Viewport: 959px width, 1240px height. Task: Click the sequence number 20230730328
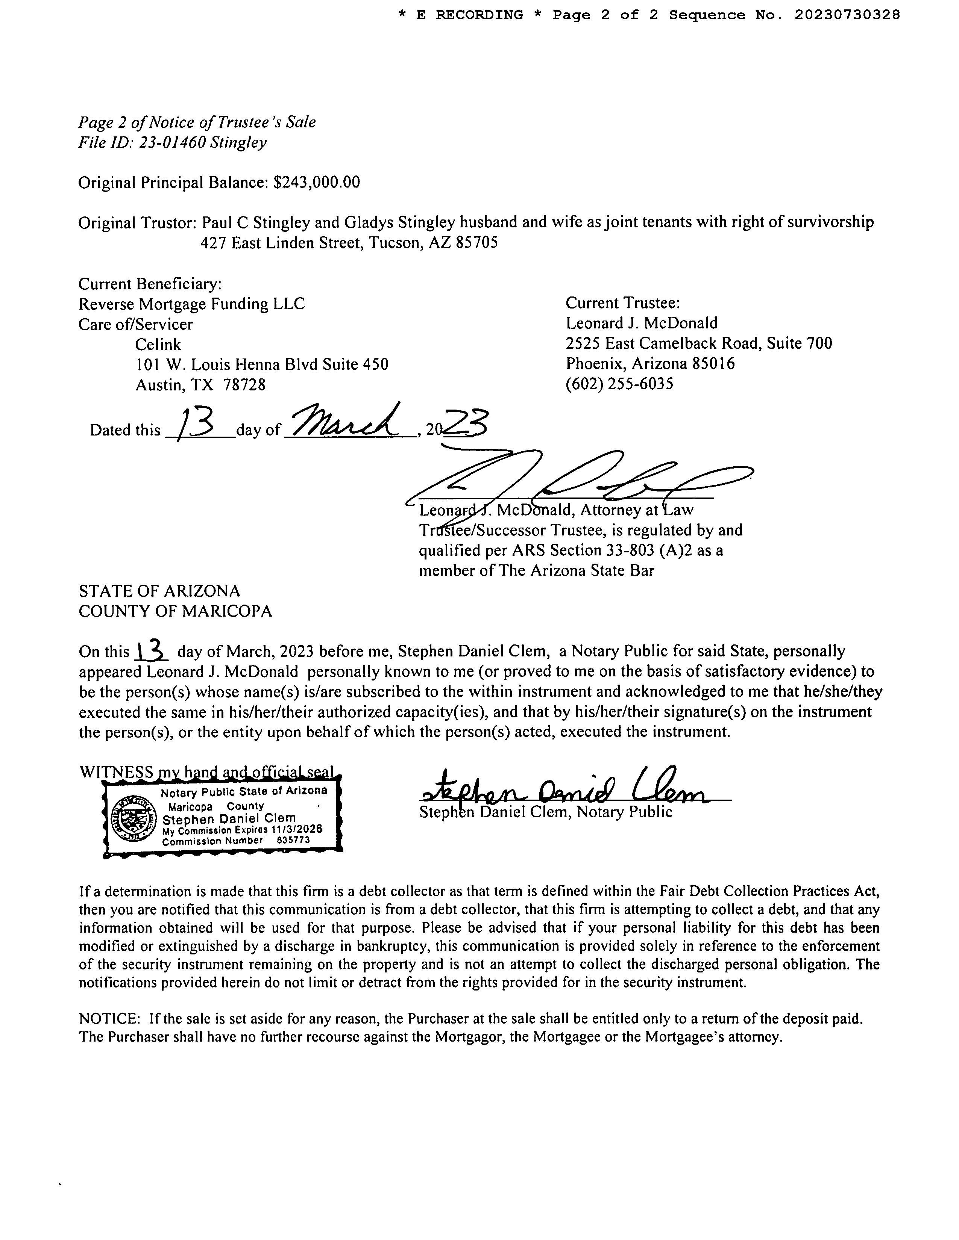coord(847,15)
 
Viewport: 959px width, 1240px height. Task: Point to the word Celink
coord(158,345)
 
